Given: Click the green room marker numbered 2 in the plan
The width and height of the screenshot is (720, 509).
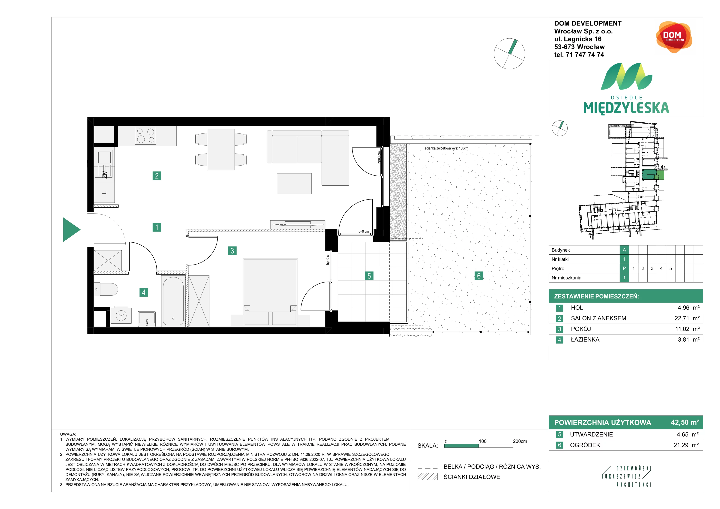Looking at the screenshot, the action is [x=157, y=176].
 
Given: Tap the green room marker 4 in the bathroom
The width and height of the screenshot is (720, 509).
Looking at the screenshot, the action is [x=144, y=292].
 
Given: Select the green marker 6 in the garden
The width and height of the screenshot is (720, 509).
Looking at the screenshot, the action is [x=478, y=276].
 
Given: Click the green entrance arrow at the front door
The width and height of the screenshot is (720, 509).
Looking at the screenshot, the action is [x=71, y=230].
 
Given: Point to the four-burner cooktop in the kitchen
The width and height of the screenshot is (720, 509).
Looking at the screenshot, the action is [x=145, y=136].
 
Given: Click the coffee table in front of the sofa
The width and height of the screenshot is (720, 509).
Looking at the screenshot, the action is [x=294, y=184].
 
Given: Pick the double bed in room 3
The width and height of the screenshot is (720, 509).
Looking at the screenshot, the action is [x=270, y=285].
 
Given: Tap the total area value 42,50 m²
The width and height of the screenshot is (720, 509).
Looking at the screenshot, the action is [x=685, y=422].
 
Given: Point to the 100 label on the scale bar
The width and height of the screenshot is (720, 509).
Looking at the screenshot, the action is [x=483, y=441].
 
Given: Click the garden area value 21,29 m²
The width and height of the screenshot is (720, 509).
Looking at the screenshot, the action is [x=686, y=445].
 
